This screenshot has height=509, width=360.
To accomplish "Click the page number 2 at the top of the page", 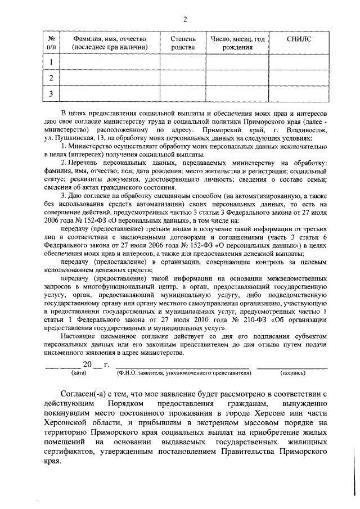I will [184, 20].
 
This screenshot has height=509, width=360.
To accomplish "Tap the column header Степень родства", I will [183, 43].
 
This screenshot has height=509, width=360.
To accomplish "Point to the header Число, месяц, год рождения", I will [237, 43].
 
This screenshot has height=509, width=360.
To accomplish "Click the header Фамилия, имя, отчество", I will [110, 43].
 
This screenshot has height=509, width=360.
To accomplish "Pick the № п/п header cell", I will [51, 43].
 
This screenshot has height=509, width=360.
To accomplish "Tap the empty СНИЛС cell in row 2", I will [298, 78].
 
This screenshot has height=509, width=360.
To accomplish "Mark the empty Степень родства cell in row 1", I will [183, 62].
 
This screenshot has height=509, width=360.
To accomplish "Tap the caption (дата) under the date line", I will [76, 372].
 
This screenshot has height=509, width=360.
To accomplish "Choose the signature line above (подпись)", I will [292, 367].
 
